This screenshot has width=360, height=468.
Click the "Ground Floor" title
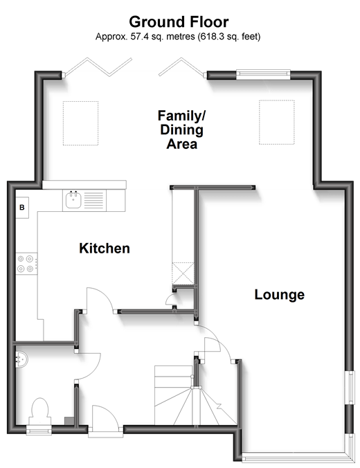[179, 22]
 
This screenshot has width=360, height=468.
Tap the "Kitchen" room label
[105, 249]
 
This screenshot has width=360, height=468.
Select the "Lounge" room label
[280, 295]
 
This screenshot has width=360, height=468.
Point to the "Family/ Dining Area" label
[182, 130]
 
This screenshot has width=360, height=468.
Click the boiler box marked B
[22, 208]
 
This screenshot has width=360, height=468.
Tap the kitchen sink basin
[73, 200]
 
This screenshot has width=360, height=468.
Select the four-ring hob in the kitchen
[26, 264]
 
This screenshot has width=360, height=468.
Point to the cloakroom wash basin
[21, 359]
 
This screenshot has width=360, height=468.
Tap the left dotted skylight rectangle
[80, 123]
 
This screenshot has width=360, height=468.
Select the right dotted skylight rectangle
[277, 123]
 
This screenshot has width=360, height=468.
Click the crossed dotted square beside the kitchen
[183, 273]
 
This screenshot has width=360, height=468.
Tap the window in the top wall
[263, 74]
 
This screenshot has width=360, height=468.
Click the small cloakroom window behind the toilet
[39, 431]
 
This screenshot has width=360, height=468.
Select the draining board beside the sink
[93, 200]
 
